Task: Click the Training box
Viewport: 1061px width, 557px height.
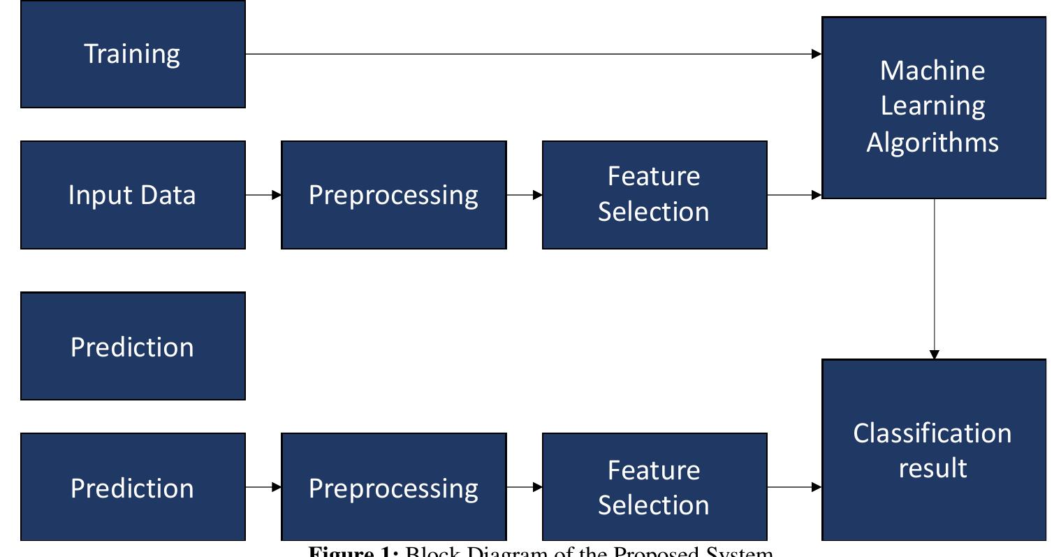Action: (133, 54)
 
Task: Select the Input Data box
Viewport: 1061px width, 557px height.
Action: (133, 194)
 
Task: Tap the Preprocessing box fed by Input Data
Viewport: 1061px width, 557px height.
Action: (393, 194)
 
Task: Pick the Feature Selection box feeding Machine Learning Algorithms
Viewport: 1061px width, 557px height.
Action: (654, 194)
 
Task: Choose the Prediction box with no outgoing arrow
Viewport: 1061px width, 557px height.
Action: (133, 346)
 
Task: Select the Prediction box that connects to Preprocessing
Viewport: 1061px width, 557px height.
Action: (133, 487)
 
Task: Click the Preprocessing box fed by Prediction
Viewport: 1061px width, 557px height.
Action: (393, 487)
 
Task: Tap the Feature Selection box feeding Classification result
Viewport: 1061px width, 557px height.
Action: (654, 487)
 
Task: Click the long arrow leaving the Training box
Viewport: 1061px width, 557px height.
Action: (531, 54)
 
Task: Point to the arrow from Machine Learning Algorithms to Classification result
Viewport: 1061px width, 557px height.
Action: (935, 280)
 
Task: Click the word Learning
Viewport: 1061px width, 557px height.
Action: (932, 106)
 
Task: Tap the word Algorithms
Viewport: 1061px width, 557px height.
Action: (932, 142)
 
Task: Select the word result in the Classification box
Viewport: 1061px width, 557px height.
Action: (932, 468)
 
